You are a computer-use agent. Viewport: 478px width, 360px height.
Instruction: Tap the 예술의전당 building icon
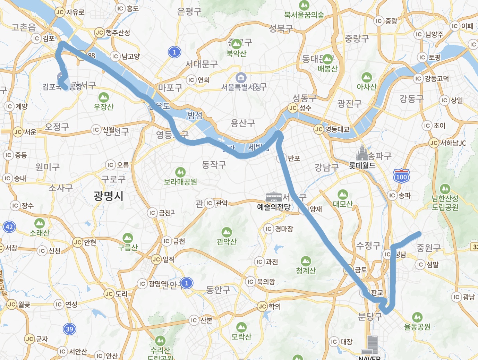[x=274, y=197]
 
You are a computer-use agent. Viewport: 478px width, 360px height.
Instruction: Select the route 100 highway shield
[x=401, y=175]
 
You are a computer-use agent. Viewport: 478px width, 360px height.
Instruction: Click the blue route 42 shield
[x=9, y=227]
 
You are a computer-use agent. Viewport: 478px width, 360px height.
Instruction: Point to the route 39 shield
[x=69, y=329]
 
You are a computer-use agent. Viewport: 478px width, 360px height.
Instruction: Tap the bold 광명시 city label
[x=108, y=196]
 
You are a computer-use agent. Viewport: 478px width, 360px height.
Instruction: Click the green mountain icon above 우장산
[x=103, y=98]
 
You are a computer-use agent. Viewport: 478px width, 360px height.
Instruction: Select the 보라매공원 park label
[x=180, y=182]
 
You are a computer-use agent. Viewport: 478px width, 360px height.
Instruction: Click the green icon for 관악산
[x=227, y=232]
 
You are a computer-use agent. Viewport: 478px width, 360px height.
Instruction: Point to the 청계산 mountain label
[x=306, y=271]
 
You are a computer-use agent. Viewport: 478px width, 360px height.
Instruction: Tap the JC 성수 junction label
[x=300, y=108]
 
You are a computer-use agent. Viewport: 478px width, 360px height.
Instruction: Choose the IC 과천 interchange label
[x=267, y=262]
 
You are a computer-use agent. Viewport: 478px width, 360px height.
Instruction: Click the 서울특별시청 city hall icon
[x=241, y=78]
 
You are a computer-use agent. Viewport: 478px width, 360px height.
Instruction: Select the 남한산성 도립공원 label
[x=445, y=203]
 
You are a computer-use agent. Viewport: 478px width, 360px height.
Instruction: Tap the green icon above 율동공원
[x=417, y=317]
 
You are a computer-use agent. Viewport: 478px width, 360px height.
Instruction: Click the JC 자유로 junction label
[x=70, y=12]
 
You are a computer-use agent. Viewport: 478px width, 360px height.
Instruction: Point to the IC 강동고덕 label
[x=432, y=79]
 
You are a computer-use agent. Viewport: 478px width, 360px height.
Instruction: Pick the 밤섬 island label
[x=195, y=115]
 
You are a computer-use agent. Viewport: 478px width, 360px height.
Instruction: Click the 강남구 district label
[x=326, y=168]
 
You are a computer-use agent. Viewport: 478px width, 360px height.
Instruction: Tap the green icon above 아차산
[x=367, y=77]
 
